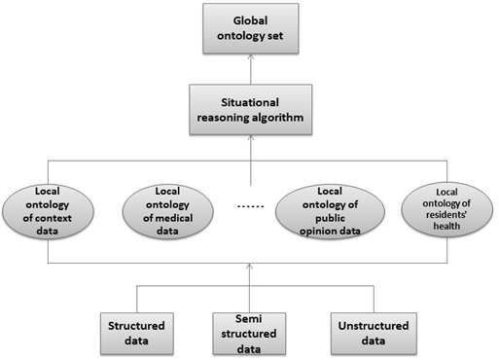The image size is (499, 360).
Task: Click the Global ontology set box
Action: pyautogui.click(x=251, y=28)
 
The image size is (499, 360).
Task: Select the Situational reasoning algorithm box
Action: pyautogui.click(x=251, y=110)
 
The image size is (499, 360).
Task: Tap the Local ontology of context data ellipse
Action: pyautogui.click(x=48, y=211)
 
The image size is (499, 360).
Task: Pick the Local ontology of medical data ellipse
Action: pyautogui.click(x=168, y=211)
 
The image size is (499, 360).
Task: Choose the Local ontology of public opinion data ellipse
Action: pyautogui.click(x=330, y=211)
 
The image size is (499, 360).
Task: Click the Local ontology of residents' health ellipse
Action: pyautogui.click(x=446, y=209)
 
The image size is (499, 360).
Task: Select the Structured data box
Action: pyautogui.click(x=137, y=334)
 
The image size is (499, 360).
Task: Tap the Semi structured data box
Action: pyautogui.click(x=249, y=334)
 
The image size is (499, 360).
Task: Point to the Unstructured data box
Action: pyautogui.click(x=374, y=334)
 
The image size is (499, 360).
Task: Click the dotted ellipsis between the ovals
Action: pyautogui.click(x=251, y=206)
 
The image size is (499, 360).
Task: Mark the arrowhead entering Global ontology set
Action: pyautogui.click(x=251, y=56)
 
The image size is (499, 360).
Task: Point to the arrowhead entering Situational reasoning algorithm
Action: pyautogui.click(x=251, y=138)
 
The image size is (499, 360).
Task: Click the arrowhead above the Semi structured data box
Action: pyautogui.click(x=249, y=267)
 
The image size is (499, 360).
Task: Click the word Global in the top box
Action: pyautogui.click(x=250, y=20)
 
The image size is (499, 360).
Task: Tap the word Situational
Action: pyautogui.click(x=250, y=102)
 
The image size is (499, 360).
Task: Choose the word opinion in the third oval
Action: pyautogui.click(x=318, y=232)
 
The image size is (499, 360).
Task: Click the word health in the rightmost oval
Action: pyautogui.click(x=446, y=226)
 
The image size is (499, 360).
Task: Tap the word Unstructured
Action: pyautogui.click(x=374, y=326)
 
